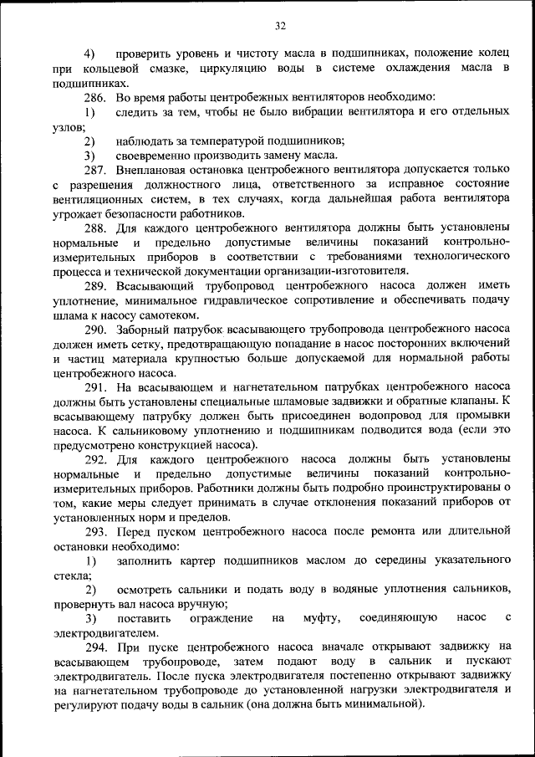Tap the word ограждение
pyautogui.click(x=220, y=618)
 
